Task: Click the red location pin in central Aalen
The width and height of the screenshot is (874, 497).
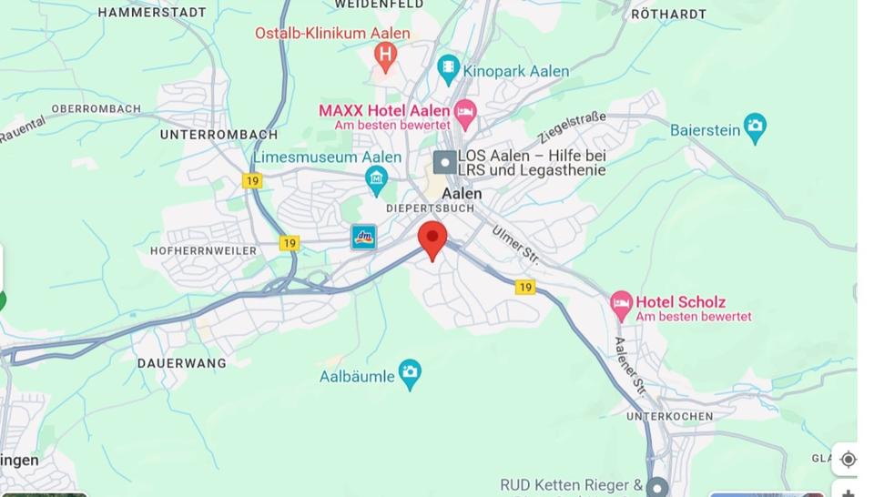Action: (432, 239)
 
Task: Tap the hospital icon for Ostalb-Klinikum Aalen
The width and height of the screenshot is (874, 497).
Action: (385, 56)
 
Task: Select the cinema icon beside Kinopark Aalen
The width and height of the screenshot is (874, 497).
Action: (448, 69)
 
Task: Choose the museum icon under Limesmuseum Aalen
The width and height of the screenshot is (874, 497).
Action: (376, 180)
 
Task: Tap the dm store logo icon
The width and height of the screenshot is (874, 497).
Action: (363, 238)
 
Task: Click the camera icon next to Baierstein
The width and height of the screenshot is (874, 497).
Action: (755, 128)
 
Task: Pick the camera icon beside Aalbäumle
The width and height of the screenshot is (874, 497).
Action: (411, 373)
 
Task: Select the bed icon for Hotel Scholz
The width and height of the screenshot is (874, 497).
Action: (622, 306)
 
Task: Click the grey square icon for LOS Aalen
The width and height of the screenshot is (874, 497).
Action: (444, 162)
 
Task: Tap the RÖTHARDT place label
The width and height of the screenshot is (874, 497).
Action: (668, 14)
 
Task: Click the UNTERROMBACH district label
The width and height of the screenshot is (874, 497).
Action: (218, 135)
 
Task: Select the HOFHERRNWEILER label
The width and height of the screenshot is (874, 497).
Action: (204, 250)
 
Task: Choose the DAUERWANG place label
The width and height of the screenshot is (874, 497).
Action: (181, 363)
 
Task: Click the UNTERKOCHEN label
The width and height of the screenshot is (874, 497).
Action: (670, 416)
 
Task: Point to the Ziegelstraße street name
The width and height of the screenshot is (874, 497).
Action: (572, 128)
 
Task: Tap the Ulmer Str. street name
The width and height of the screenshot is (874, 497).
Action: (516, 245)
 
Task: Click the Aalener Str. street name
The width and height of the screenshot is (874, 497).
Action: (629, 368)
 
